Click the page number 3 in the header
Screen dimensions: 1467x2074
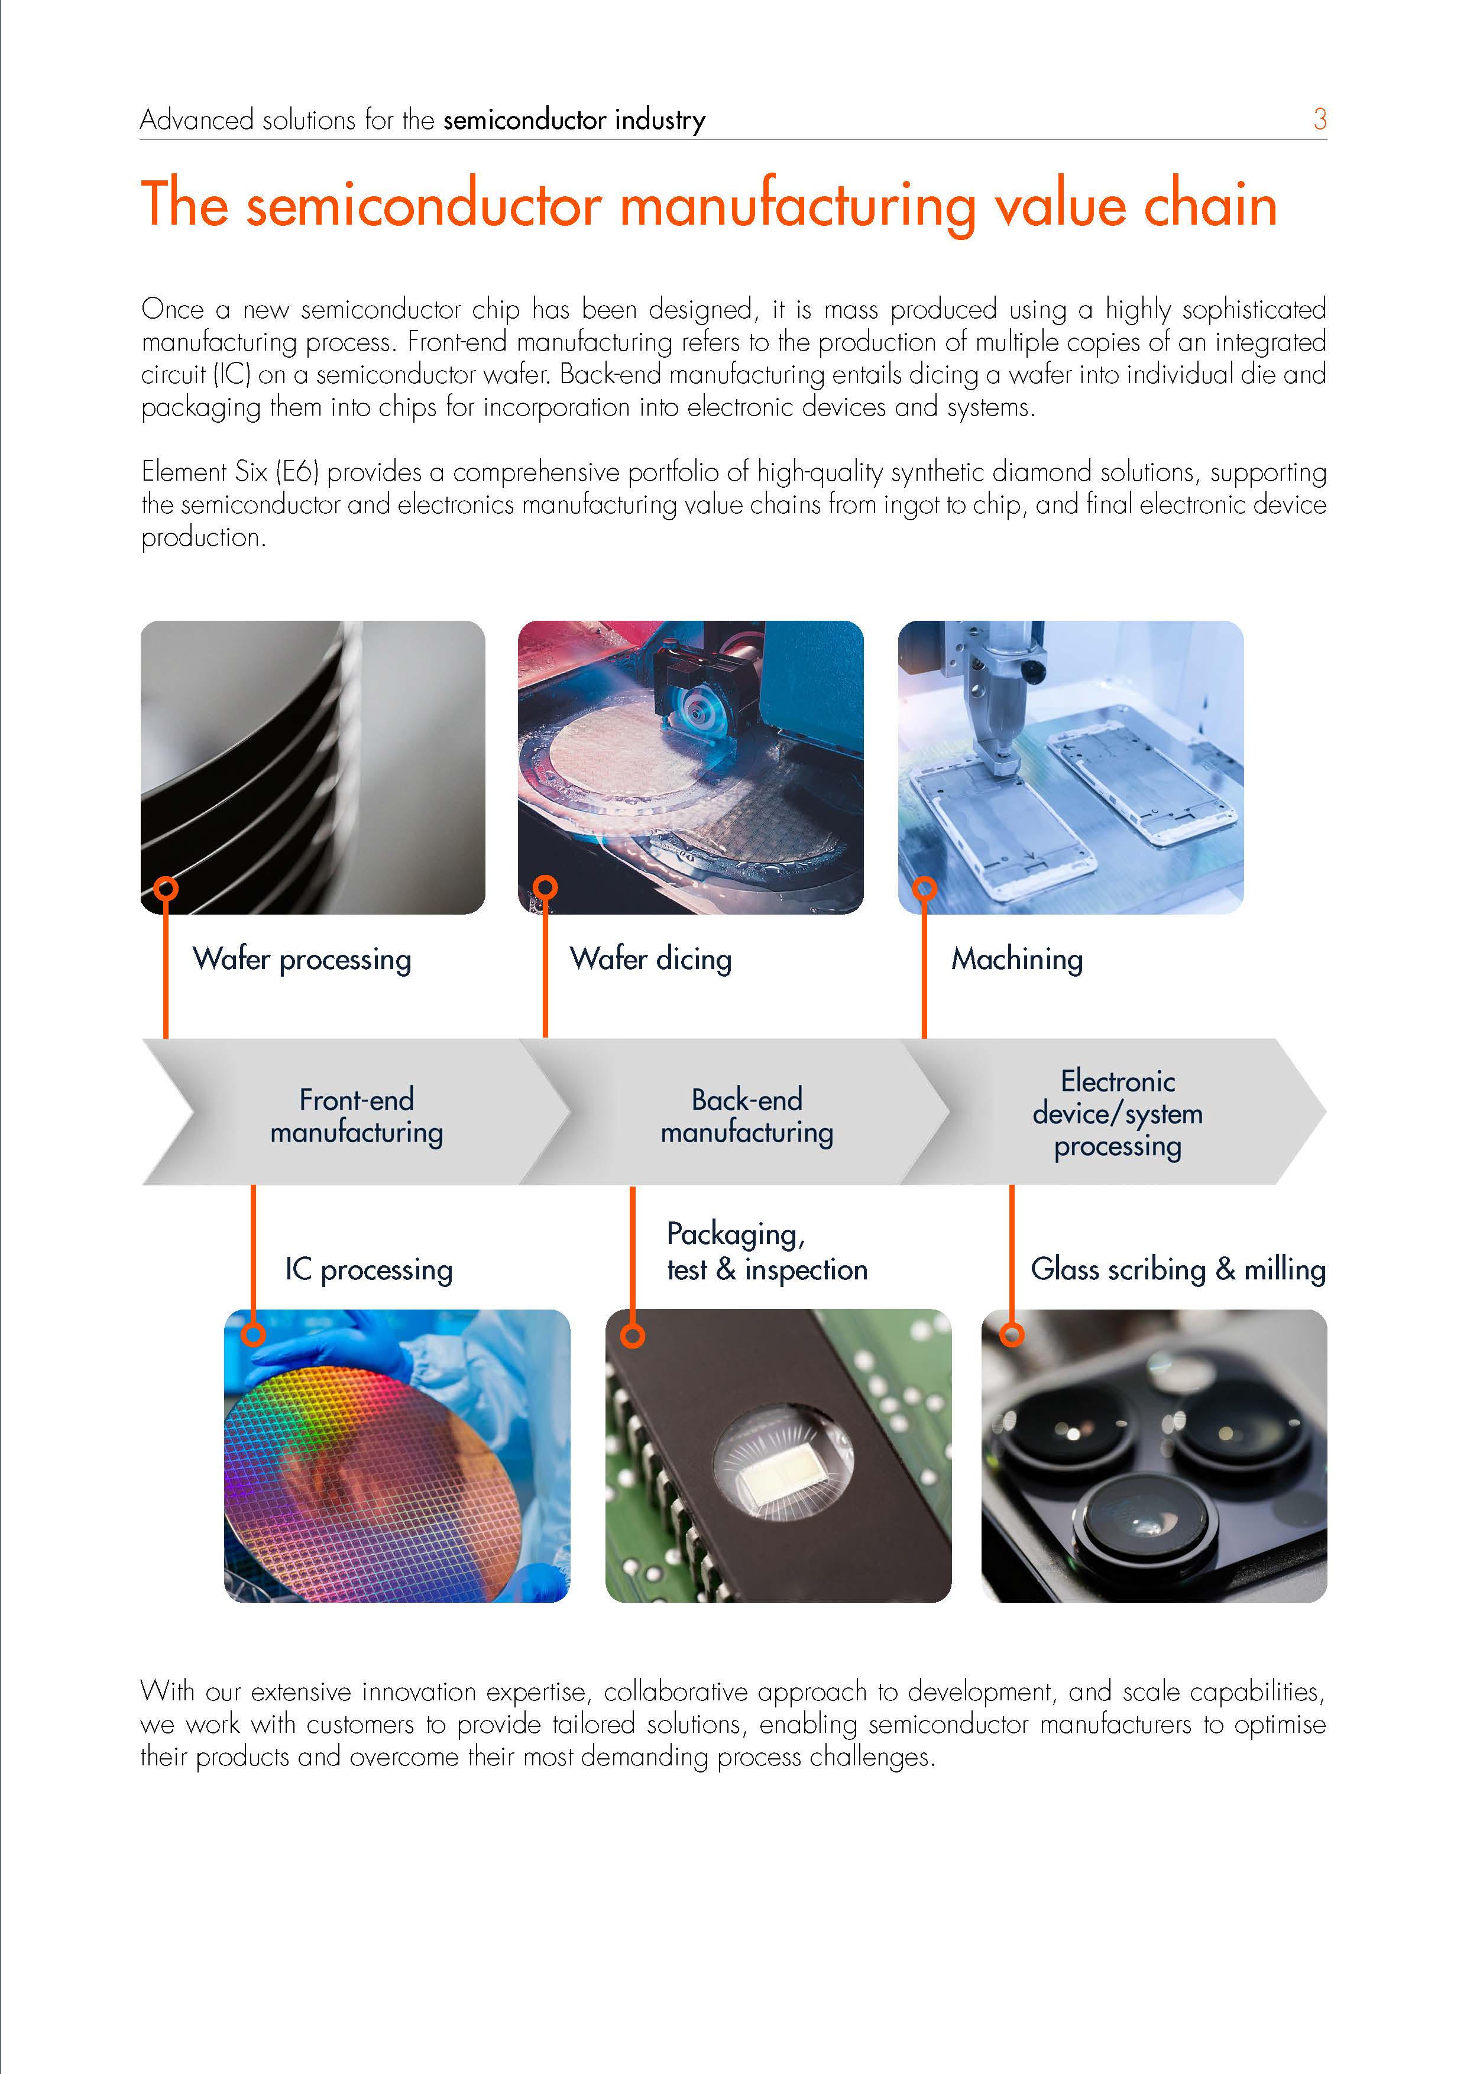coord(1320,119)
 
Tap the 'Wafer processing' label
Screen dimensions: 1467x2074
coord(302,960)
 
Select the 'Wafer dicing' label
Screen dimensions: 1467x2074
coord(650,960)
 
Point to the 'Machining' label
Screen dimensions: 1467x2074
coord(1017,960)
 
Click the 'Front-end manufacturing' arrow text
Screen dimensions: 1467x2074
coord(357,1116)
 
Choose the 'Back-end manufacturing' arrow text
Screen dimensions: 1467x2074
coord(747,1116)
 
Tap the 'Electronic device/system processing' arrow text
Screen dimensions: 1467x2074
coord(1118,1114)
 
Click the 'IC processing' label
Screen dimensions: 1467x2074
coord(368,1270)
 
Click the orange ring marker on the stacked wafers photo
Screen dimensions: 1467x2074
coord(166,888)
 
